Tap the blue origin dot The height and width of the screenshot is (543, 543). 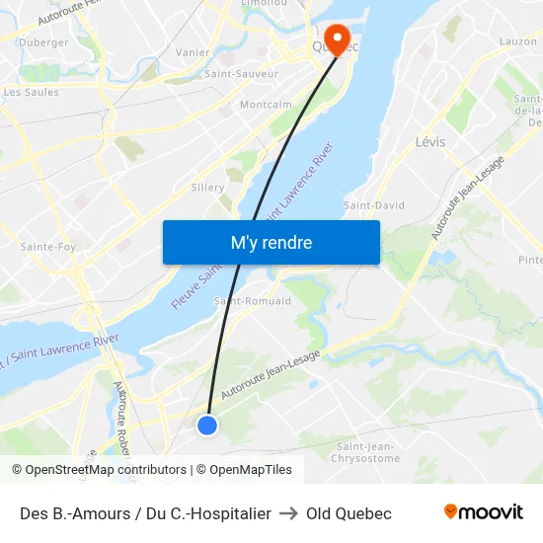207,425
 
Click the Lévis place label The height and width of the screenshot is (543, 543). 430,142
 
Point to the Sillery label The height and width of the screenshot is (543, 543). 207,187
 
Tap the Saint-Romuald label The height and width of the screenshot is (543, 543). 253,301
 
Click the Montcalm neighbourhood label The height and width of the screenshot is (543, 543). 266,105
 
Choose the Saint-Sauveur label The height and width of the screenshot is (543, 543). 241,74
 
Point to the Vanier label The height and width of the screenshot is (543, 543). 192,52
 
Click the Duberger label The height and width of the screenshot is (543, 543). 43,42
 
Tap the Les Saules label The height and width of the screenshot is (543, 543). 32,93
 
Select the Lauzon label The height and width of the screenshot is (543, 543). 518,41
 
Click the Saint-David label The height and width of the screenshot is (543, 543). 374,205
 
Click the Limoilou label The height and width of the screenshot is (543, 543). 265,4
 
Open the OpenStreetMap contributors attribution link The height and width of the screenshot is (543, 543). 99,470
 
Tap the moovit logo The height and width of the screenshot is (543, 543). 484,512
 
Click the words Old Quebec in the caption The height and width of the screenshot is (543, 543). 349,513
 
